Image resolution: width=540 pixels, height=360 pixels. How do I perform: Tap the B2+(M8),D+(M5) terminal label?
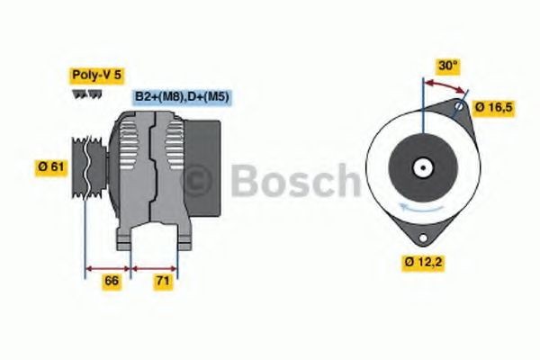(x=181, y=96)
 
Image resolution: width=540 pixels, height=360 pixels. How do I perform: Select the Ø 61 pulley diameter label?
(x=49, y=166)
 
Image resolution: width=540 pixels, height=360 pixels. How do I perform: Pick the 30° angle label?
(x=447, y=66)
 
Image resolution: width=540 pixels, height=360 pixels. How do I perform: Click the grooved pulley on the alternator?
(x=87, y=166)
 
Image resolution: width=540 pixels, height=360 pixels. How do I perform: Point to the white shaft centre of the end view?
(x=421, y=166)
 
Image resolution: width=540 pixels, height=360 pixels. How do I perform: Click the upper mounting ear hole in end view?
(x=460, y=108)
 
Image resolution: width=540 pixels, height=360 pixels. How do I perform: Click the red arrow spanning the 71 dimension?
(x=155, y=267)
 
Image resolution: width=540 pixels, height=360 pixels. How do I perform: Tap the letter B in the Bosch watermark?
(x=245, y=180)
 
